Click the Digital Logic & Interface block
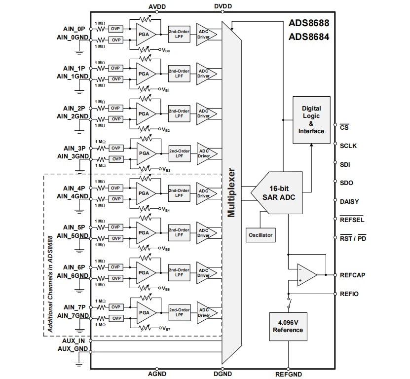pos(311,120)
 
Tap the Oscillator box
pos(260,235)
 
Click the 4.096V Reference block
pos(288,326)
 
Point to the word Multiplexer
pos(231,193)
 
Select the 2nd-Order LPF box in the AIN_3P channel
pos(179,153)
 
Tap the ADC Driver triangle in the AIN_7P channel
pos(203,313)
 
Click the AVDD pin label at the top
pos(157,6)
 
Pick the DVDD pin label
pos(223,6)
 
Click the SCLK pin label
pos(348,146)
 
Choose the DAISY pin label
pos(349,201)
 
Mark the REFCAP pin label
pos(352,275)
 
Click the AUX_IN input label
pos(74,341)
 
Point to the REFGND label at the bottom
pos(288,375)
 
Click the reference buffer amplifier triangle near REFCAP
pos(306,275)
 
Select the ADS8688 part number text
pos(309,23)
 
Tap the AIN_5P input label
pos(74,227)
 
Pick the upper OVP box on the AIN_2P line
pos(115,108)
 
